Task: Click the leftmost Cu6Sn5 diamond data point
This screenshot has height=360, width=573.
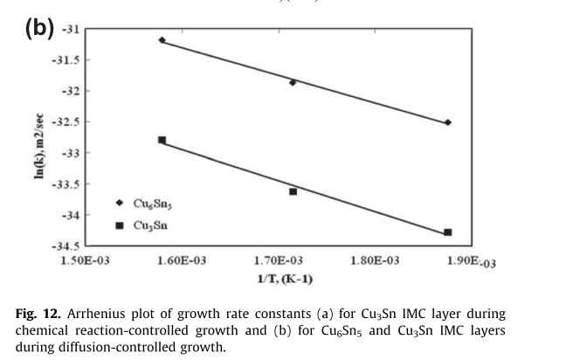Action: [162, 40]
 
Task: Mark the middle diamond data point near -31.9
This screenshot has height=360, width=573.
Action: [293, 82]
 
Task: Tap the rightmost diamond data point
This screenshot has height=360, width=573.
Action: [448, 122]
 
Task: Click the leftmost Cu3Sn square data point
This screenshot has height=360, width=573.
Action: [162, 140]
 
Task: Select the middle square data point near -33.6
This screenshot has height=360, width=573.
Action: [293, 191]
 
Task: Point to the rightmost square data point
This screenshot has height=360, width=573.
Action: [448, 232]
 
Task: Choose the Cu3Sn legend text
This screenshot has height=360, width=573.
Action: [149, 225]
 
